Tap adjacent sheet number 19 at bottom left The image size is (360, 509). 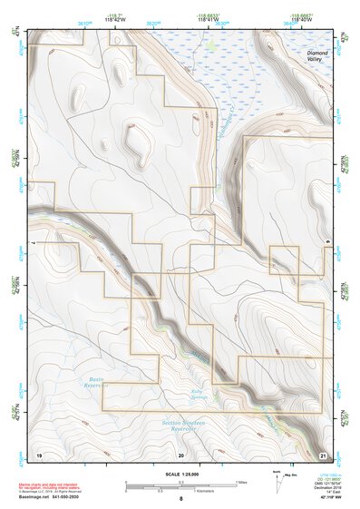[x=39, y=452]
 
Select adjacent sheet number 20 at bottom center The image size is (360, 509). [x=181, y=452]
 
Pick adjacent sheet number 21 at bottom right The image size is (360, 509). [x=324, y=452]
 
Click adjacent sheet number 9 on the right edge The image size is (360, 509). [x=326, y=242]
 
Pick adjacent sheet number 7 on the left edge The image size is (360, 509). [x=34, y=242]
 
